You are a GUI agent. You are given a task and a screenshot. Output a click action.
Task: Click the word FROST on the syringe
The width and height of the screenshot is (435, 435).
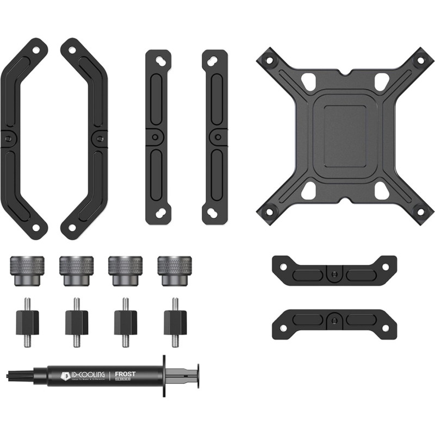pyautogui.click(x=125, y=374)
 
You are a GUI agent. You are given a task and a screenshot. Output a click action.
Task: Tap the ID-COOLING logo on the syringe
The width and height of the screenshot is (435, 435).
pyautogui.click(x=82, y=375)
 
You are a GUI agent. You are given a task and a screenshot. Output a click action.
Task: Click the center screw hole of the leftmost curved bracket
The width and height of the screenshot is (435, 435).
pyautogui.click(x=7, y=139)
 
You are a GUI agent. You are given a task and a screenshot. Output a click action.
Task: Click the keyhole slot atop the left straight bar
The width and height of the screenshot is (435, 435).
pyautogui.click(x=159, y=60)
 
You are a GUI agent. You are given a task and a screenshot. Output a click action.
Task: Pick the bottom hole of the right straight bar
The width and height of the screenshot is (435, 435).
pyautogui.click(x=214, y=214)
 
